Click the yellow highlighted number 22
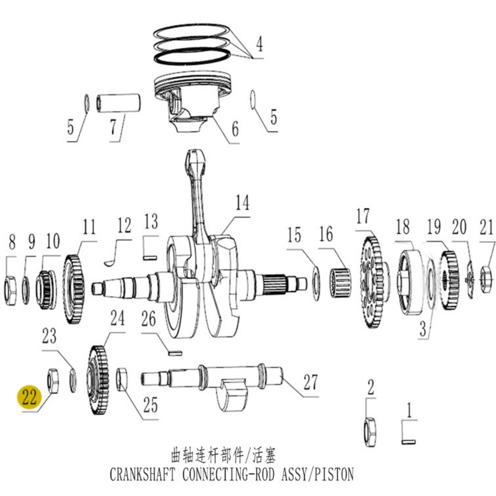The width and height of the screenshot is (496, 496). [x=29, y=397]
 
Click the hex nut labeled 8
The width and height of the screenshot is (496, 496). [x=11, y=290]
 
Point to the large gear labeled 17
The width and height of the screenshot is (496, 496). [x=372, y=282]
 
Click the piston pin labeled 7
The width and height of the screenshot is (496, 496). [x=119, y=103]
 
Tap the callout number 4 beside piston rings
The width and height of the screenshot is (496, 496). [x=259, y=44]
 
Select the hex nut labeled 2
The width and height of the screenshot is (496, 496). [x=370, y=432]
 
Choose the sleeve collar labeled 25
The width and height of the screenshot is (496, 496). [x=122, y=379]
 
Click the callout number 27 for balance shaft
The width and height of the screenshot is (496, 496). [x=310, y=382]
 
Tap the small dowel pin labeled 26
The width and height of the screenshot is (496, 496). [x=175, y=353]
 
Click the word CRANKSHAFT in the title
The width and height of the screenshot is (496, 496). [x=142, y=474]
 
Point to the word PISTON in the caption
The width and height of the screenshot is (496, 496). [x=333, y=474]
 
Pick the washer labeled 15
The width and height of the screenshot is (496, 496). [x=316, y=283]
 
